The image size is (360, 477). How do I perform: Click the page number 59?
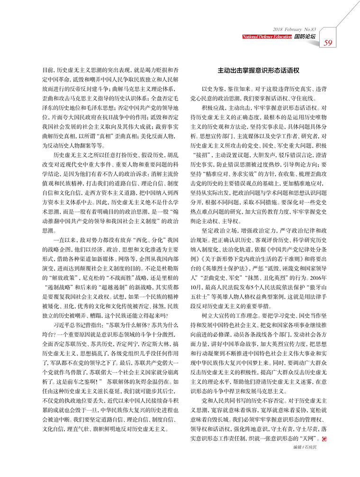(x=328, y=43)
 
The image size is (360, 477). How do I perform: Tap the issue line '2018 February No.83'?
(x=294, y=29)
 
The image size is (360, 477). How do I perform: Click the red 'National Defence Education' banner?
(x=267, y=36)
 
